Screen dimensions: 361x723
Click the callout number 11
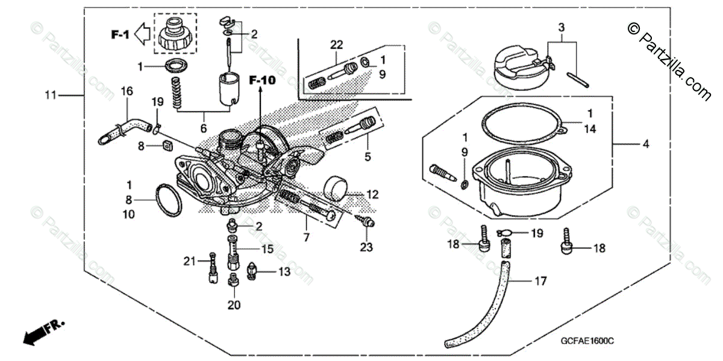pyautogui.click(x=50, y=95)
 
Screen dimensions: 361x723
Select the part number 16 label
pyautogui.click(x=127, y=91)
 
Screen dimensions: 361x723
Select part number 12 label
pyautogui.click(x=373, y=195)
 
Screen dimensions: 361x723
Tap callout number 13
pyautogui.click(x=284, y=272)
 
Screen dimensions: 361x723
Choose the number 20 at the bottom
pyautogui.click(x=234, y=305)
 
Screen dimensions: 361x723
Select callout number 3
pyautogui.click(x=562, y=28)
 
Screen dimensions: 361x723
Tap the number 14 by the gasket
pyautogui.click(x=590, y=128)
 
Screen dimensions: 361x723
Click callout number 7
pyautogui.click(x=306, y=237)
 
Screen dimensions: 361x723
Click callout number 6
pyautogui.click(x=204, y=128)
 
